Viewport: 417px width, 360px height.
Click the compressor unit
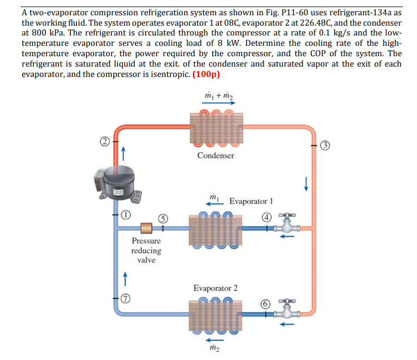tap(116, 185)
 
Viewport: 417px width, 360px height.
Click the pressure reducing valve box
tap(146, 228)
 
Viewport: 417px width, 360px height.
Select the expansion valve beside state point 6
tap(287, 311)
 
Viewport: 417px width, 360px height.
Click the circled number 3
tap(325, 145)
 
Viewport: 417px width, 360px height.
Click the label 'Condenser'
tap(216, 155)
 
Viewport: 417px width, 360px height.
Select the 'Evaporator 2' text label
tap(215, 287)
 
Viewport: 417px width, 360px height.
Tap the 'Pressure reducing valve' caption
tap(146, 250)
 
